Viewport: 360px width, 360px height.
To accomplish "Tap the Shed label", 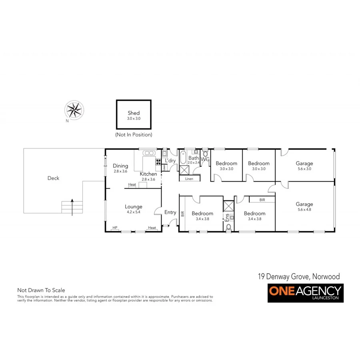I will click(134, 113).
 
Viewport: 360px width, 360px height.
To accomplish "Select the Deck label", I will click(53, 178).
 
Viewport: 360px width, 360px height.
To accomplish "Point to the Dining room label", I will click(120, 166).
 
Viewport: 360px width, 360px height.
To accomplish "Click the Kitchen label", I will click(148, 174).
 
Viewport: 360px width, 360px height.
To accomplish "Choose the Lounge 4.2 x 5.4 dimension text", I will click(134, 212).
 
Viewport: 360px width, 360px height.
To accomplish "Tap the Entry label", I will click(170, 212).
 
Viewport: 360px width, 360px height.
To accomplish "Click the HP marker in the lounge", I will click(115, 228).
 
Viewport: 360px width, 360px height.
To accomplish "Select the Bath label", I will click(194, 158).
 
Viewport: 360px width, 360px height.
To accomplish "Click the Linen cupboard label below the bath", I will click(189, 179).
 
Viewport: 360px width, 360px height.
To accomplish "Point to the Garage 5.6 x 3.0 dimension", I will click(304, 169).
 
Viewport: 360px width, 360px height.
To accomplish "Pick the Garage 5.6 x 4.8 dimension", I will click(304, 210).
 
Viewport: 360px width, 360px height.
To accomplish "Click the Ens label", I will click(227, 218).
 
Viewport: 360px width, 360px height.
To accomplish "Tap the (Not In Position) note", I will click(134, 135).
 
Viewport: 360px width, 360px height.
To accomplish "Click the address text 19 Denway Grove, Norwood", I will click(298, 276).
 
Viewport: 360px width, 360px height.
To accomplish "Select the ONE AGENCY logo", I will click(305, 293).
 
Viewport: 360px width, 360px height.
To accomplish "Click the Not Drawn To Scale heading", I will click(41, 290).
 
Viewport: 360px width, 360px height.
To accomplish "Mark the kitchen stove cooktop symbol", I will click(158, 162).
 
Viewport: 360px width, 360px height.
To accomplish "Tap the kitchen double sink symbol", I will click(150, 153).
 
